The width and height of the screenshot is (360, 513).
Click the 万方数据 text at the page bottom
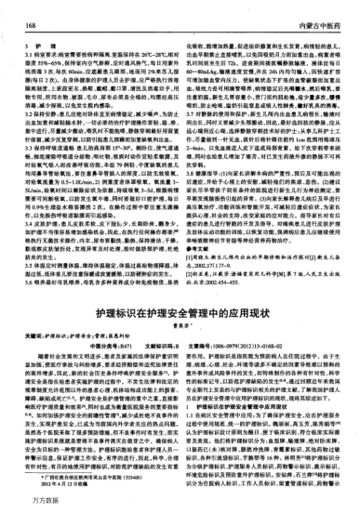[20, 504]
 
